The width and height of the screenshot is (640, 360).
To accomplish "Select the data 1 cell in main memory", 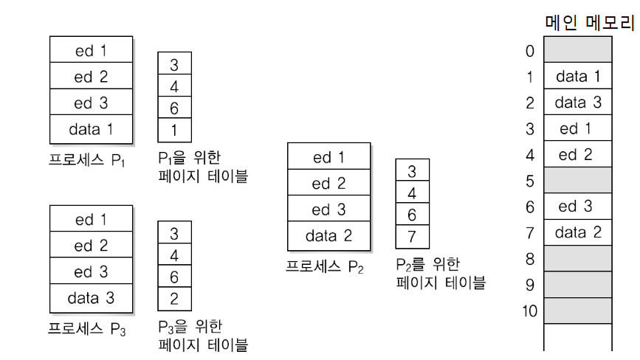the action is click(578, 77).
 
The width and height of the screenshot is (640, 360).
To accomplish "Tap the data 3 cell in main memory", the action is click(578, 103).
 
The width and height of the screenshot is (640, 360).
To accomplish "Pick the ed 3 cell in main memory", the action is click(578, 207).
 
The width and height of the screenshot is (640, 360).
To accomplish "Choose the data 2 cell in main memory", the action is click(578, 233).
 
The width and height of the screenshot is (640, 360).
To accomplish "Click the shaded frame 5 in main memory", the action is click(578, 180).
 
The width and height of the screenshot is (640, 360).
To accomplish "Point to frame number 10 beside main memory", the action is click(529, 311).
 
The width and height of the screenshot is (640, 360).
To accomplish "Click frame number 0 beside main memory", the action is click(529, 51).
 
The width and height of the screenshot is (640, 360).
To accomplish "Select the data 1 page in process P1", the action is click(91, 130).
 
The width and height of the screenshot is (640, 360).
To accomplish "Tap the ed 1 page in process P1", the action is click(91, 52).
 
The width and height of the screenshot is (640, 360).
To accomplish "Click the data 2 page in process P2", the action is click(328, 236).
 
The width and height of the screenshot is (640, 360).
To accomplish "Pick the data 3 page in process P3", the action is click(91, 298).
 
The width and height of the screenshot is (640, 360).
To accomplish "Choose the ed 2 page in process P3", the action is click(91, 246).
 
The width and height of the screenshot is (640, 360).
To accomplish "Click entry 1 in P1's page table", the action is click(174, 130).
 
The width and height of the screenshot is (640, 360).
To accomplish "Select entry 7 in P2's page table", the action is click(412, 237).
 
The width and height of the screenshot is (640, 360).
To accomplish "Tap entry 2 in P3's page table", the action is click(174, 298).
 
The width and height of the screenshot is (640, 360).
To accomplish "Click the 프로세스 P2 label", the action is click(325, 267).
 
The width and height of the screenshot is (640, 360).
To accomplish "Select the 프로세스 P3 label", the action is click(87, 329).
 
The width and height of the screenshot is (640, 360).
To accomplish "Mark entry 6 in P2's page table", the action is click(412, 215).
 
